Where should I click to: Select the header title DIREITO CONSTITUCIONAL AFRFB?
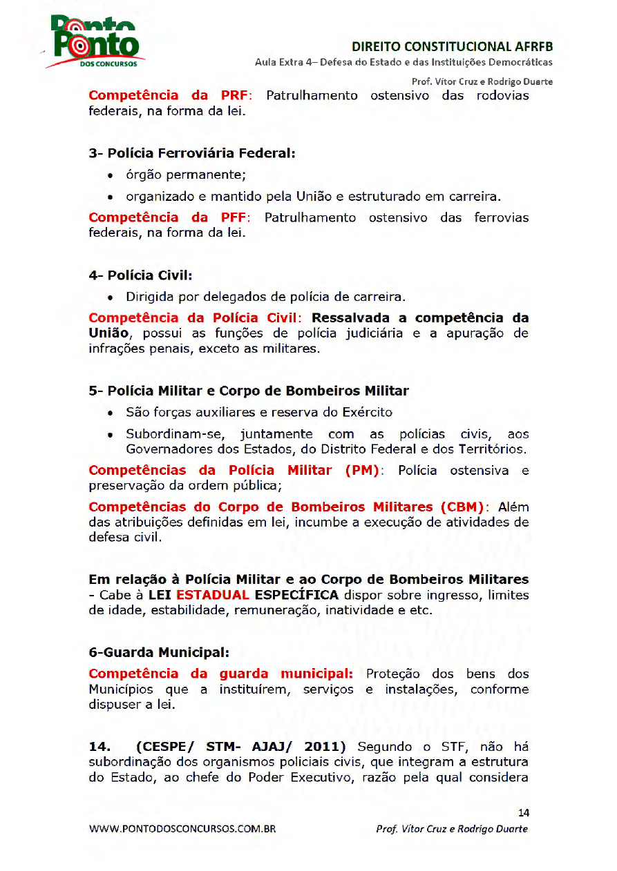pyautogui.click(x=453, y=47)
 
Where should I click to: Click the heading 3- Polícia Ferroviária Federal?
pyautogui.click(x=192, y=153)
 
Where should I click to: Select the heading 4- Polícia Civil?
pyautogui.click(x=140, y=275)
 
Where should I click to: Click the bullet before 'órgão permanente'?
pyautogui.click(x=111, y=175)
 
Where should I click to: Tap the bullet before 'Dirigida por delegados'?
pyautogui.click(x=111, y=298)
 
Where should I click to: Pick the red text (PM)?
pyautogui.click(x=362, y=471)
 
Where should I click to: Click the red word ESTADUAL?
pyautogui.click(x=212, y=595)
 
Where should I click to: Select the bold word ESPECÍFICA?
pyautogui.click(x=296, y=595)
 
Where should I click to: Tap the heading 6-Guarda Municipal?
pyautogui.click(x=159, y=652)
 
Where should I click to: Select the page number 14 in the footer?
pyautogui.click(x=522, y=812)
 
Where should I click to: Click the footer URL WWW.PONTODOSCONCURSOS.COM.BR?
pyautogui.click(x=182, y=829)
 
